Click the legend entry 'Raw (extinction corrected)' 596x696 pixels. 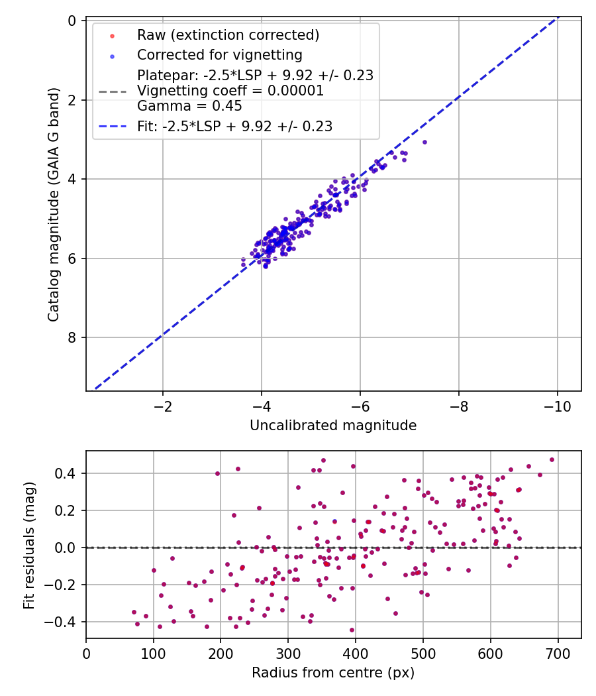228,34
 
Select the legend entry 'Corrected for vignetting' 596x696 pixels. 219,55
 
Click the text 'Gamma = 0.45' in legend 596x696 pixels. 189,106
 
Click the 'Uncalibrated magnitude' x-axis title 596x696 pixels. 333,426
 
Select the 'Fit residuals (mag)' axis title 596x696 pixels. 28,545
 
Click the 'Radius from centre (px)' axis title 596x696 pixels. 333,673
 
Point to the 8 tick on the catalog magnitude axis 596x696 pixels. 72,337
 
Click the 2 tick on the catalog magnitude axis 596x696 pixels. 72,100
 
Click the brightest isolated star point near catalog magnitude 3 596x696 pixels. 424,142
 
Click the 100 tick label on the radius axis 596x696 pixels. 154,654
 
